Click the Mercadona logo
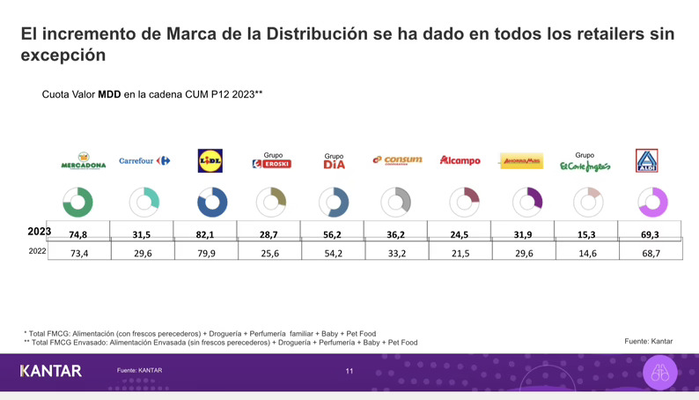pos(83,161)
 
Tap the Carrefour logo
pos(143,161)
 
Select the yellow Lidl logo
pos(210,161)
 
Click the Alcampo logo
pos(460,161)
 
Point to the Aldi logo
pos(647,160)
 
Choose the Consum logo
pos(397,160)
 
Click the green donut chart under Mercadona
pos(79,202)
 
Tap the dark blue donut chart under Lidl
pos(212,202)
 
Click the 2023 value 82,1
pos(205,234)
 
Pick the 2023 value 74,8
pos(78,234)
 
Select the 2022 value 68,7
pos(651,253)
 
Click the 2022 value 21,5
pos(460,253)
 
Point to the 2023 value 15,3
pos(586,234)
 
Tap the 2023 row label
pos(39,232)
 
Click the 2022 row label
pos(38,251)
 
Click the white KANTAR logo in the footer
pos(51,371)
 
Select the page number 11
pos(349,371)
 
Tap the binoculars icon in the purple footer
pos(660,373)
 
